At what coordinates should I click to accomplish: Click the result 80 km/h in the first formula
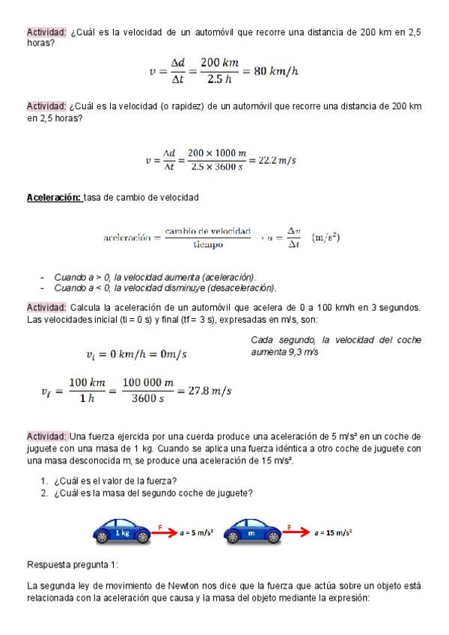pyautogui.click(x=276, y=72)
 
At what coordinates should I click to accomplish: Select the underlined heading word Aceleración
pyautogui.click(x=54, y=197)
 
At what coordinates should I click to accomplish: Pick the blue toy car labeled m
pyautogui.click(x=251, y=532)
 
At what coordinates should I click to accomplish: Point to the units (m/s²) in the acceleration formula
pyautogui.click(x=326, y=237)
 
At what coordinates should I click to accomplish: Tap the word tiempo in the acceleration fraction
pyautogui.click(x=208, y=245)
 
